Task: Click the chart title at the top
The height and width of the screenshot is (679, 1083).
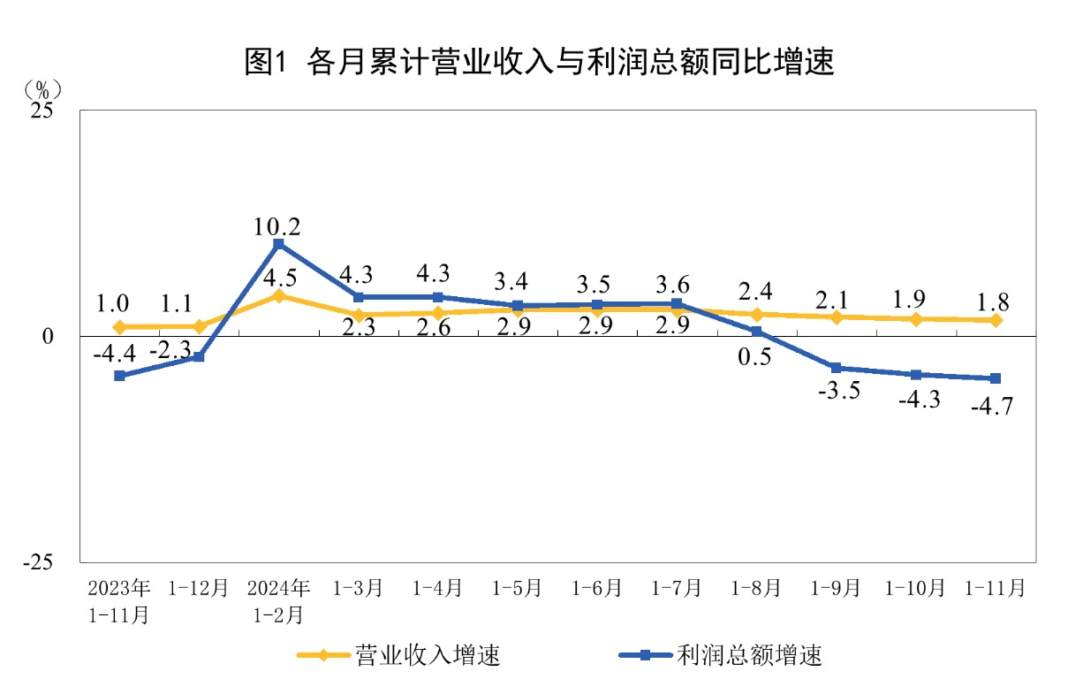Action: (540, 63)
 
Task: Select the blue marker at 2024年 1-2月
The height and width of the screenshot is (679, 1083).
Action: (278, 244)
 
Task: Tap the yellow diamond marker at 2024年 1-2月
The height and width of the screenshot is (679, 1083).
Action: (278, 295)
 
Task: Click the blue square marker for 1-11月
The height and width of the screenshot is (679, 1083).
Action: (996, 378)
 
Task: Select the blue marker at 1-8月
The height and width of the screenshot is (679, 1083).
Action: (757, 332)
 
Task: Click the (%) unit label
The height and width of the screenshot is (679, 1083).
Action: (43, 89)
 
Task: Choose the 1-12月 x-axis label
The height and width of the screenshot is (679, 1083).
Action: (198, 588)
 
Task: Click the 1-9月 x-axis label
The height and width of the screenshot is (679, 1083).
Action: (836, 588)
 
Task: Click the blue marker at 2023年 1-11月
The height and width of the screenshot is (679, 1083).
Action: (119, 376)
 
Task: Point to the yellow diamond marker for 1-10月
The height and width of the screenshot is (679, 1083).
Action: (916, 318)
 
